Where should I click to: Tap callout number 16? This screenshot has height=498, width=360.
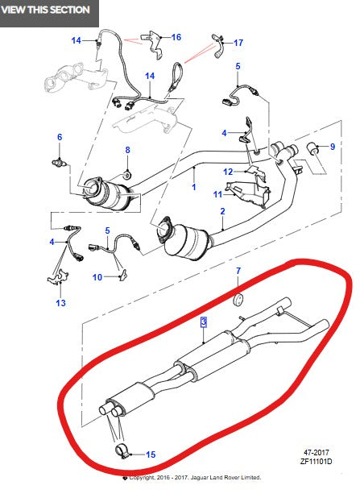(x=176, y=37)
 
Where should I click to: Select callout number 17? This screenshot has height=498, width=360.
(x=238, y=42)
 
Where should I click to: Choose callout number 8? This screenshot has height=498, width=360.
(x=126, y=150)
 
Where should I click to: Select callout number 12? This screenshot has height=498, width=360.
(x=228, y=171)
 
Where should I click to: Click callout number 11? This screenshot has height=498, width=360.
(x=217, y=194)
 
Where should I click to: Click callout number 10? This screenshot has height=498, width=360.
(x=97, y=277)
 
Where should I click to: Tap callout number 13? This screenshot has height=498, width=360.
(x=60, y=303)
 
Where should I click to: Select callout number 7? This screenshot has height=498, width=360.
(x=238, y=281)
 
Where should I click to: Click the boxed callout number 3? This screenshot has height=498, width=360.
(x=204, y=322)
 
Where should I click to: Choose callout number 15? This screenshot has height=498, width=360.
(x=150, y=454)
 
